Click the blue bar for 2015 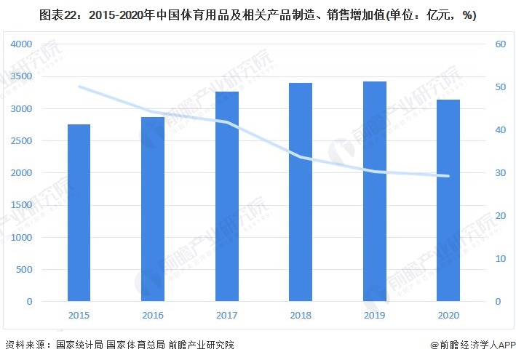(x=79, y=212)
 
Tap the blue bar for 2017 (x=226, y=196)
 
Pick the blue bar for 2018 (x=301, y=192)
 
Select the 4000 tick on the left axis (x=22, y=45)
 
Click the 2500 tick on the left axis (x=22, y=141)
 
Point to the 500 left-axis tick (x=25, y=269)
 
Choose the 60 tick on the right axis (x=500, y=45)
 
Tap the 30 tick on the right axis (x=500, y=173)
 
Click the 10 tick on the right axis (x=500, y=259)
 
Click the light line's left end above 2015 (x=79, y=87)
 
